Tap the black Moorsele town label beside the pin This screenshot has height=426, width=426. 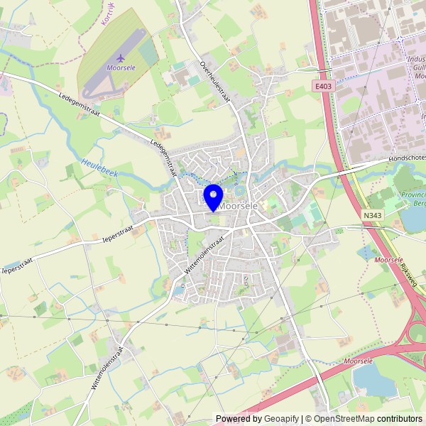coord(239,205)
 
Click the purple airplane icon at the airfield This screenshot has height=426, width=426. coord(120,57)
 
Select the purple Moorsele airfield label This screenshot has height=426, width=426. coord(120,68)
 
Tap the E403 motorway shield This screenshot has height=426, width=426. coord(323,86)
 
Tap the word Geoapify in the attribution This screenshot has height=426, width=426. coord(281,419)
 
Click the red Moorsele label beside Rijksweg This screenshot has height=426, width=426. coord(388,261)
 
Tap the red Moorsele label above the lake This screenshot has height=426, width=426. coord(357,361)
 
